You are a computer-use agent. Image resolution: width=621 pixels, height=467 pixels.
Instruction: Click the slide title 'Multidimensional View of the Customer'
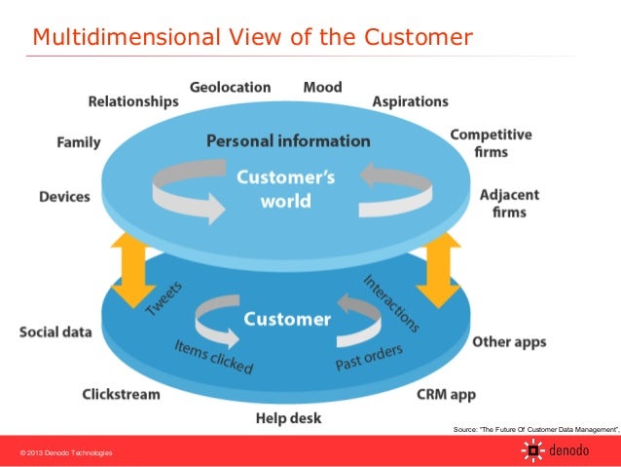tap(252, 38)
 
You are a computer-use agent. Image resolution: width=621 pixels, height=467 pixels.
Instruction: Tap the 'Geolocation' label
tap(230, 87)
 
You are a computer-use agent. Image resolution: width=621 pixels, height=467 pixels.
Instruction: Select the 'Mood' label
tap(322, 87)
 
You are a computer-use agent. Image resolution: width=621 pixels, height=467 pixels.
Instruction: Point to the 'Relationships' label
tap(133, 100)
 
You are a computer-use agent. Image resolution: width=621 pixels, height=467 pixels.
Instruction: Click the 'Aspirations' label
tap(410, 101)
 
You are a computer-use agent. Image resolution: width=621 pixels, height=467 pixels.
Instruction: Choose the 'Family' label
tap(78, 142)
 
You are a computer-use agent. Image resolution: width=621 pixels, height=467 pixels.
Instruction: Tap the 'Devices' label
tap(64, 196)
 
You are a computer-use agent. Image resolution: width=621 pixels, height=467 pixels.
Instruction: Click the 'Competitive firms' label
tap(491, 143)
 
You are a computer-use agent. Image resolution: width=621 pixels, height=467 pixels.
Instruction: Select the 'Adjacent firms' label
tap(503, 203)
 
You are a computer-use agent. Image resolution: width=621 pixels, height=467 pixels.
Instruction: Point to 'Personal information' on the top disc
tap(288, 141)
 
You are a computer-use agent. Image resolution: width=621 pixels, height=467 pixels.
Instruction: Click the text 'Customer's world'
tap(286, 189)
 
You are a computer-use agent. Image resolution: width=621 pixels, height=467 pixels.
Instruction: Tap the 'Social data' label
tap(55, 331)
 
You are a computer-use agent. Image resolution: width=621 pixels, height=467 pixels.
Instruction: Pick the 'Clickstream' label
tap(121, 395)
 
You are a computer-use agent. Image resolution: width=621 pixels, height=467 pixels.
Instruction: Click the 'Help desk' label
tap(288, 419)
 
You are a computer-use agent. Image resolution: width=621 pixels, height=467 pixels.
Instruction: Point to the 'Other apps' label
tap(509, 342)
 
